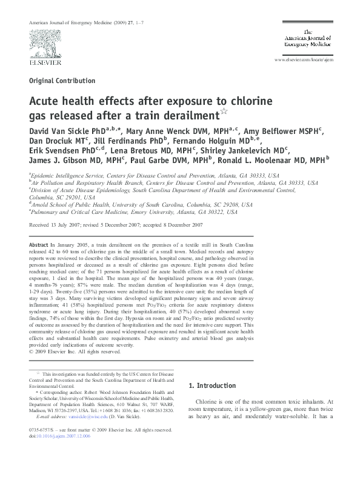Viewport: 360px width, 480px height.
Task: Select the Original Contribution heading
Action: [58, 81]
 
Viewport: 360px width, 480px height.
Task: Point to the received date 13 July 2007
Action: [72, 224]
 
